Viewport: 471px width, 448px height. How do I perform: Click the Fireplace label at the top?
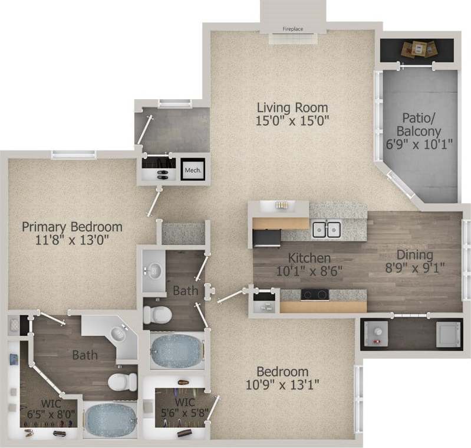tap(292, 28)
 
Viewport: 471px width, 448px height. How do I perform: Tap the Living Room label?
tap(292, 108)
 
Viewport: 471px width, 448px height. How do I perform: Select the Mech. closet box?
tap(193, 170)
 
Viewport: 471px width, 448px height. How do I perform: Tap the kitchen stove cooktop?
tap(315, 294)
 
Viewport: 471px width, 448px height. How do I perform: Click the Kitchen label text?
tap(309, 259)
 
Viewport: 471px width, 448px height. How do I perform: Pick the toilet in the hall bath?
tap(157, 315)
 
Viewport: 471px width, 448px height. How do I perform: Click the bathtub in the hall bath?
tap(177, 351)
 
